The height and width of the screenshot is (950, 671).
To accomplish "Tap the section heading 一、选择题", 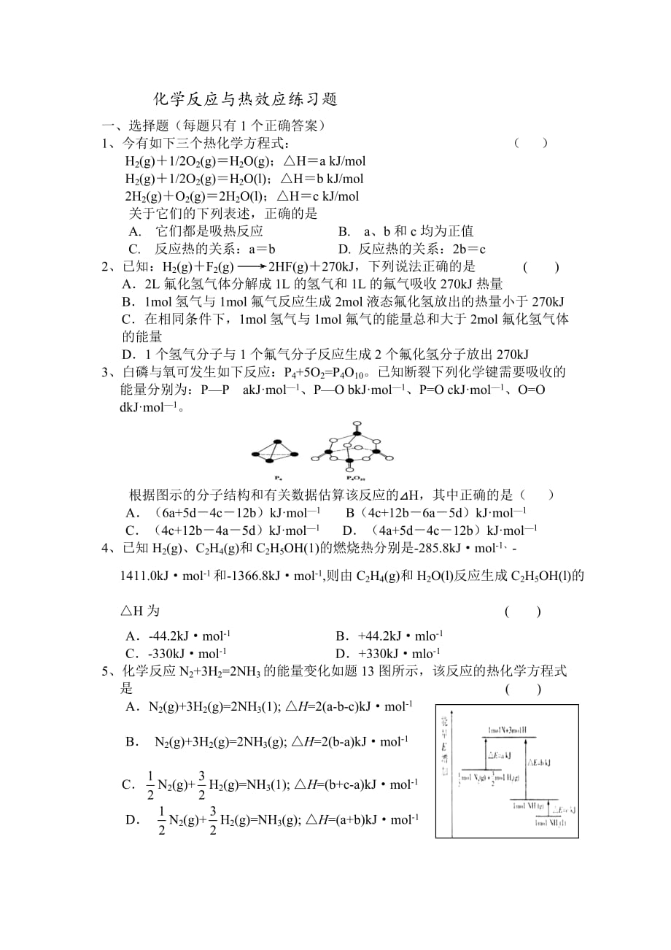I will (x=135, y=125).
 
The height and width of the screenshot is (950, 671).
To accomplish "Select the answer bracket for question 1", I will (x=531, y=143).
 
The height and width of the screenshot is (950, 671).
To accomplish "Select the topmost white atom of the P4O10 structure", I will (x=357, y=425).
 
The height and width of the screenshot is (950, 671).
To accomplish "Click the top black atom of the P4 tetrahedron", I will (x=276, y=441).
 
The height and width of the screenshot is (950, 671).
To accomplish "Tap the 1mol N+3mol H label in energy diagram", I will (x=509, y=730).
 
